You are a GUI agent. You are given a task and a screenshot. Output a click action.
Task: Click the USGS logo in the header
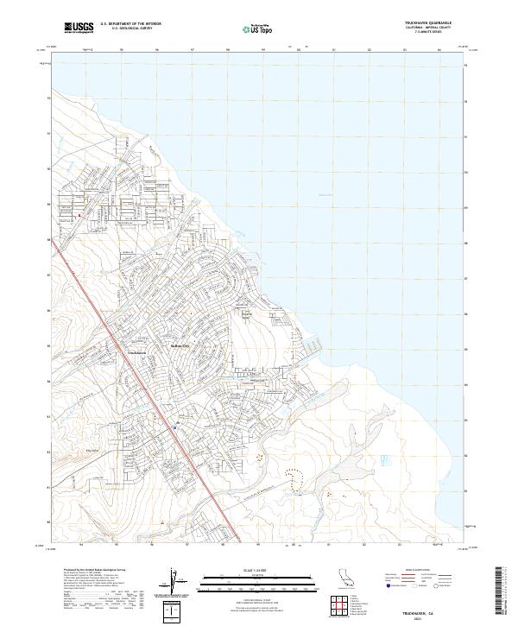(79, 28)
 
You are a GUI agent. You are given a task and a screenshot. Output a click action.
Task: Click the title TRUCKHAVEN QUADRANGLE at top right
(427, 22)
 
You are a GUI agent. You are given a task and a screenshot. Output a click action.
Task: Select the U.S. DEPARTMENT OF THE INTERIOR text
(130, 23)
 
